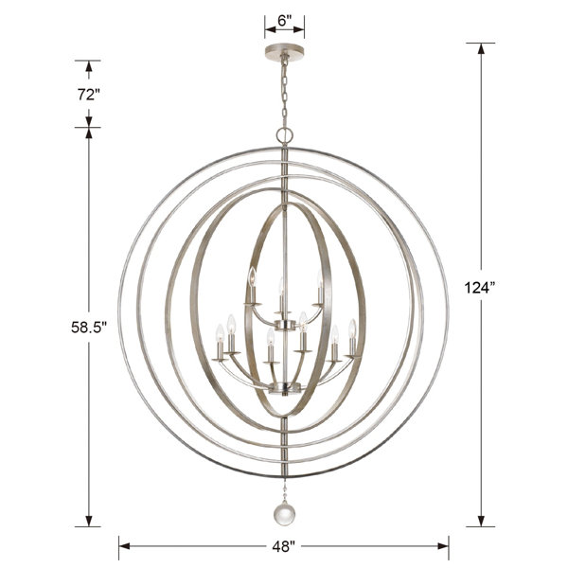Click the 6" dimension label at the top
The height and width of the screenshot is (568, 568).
coord(285,21)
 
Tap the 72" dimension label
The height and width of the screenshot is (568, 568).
coord(88,95)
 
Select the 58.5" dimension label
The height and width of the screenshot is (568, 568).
coord(89,328)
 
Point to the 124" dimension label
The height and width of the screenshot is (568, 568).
coord(480,288)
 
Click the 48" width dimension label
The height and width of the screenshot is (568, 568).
coord(284,546)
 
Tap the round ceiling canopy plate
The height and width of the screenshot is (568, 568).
coord(285,49)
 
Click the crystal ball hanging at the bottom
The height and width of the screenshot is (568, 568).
coord(284,515)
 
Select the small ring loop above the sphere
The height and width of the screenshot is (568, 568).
coord(284,135)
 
